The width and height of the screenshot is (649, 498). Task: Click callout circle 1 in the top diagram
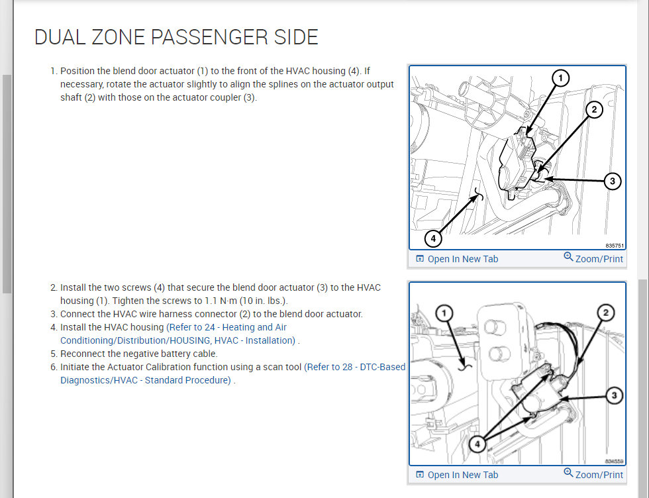(560, 79)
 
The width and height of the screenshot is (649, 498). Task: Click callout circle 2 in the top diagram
(594, 110)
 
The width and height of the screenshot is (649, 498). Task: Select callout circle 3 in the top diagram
(613, 180)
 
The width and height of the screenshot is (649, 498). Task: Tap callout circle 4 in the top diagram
(433, 237)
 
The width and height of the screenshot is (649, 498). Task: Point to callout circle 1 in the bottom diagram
(446, 312)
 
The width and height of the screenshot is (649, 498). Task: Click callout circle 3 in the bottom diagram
(614, 395)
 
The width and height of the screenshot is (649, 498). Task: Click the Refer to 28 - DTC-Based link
(355, 367)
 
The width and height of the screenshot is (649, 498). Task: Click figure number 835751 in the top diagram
(615, 245)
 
